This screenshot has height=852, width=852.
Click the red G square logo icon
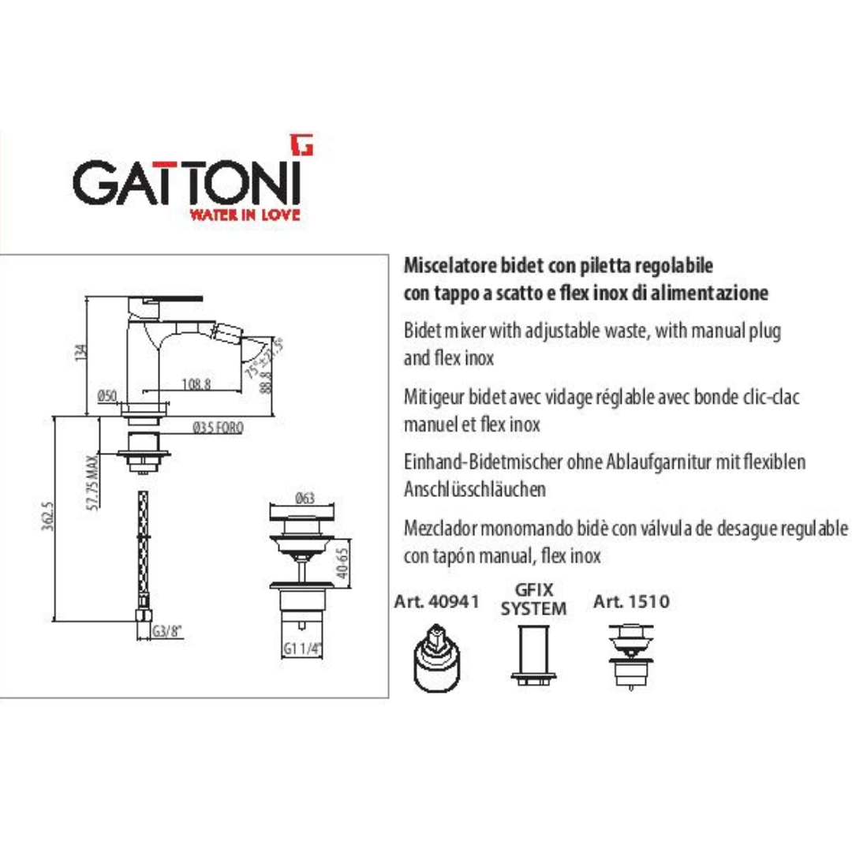point(301,144)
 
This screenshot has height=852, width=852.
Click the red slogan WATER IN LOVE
point(245,214)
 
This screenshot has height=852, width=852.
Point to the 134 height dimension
point(81,352)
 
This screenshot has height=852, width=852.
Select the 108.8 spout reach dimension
point(196,383)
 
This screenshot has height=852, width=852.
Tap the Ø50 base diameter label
point(107,395)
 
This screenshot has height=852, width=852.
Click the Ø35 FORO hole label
point(218,428)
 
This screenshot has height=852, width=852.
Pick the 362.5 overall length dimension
point(48,516)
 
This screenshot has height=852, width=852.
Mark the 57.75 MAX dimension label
point(93,483)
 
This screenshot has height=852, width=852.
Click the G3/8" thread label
point(166,631)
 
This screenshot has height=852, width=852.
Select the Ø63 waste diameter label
point(305,498)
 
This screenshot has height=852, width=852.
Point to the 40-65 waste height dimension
point(342,563)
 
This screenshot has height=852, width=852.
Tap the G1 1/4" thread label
point(303,648)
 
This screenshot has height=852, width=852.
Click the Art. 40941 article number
point(437,601)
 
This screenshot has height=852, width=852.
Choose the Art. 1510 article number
point(631,601)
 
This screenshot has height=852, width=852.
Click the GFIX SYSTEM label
point(533,599)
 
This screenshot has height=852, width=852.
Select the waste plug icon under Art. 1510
point(631,656)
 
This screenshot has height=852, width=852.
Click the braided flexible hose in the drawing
point(143,549)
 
